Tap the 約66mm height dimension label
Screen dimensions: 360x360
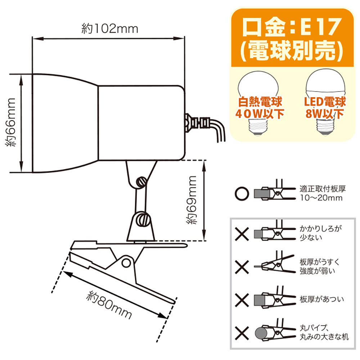[x=12, y=122]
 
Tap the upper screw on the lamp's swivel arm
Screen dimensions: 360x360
[x=141, y=181]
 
